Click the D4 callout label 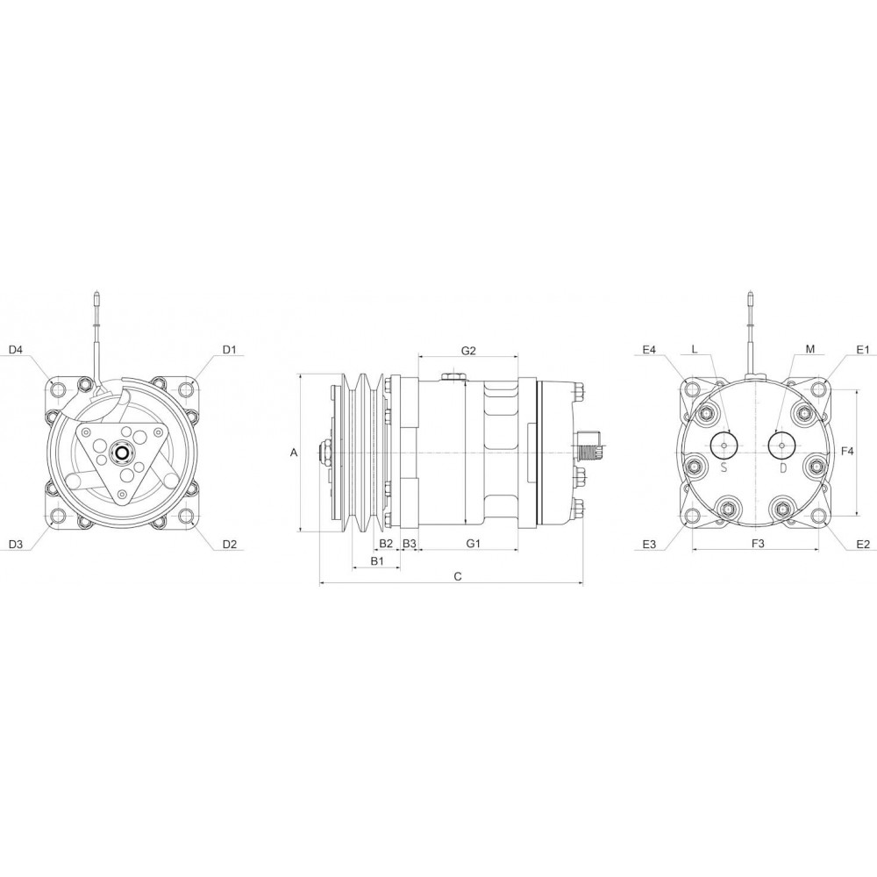16,350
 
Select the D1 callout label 229,350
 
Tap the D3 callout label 16,545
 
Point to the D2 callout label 229,545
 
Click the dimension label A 294,453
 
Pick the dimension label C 457,576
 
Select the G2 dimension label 468,350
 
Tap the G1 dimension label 473,545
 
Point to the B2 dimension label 386,545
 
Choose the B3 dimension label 410,545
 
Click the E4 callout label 649,350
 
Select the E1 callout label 862,350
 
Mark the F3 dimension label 759,545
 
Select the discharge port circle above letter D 781,446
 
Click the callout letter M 809,350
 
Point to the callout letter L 694,350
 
